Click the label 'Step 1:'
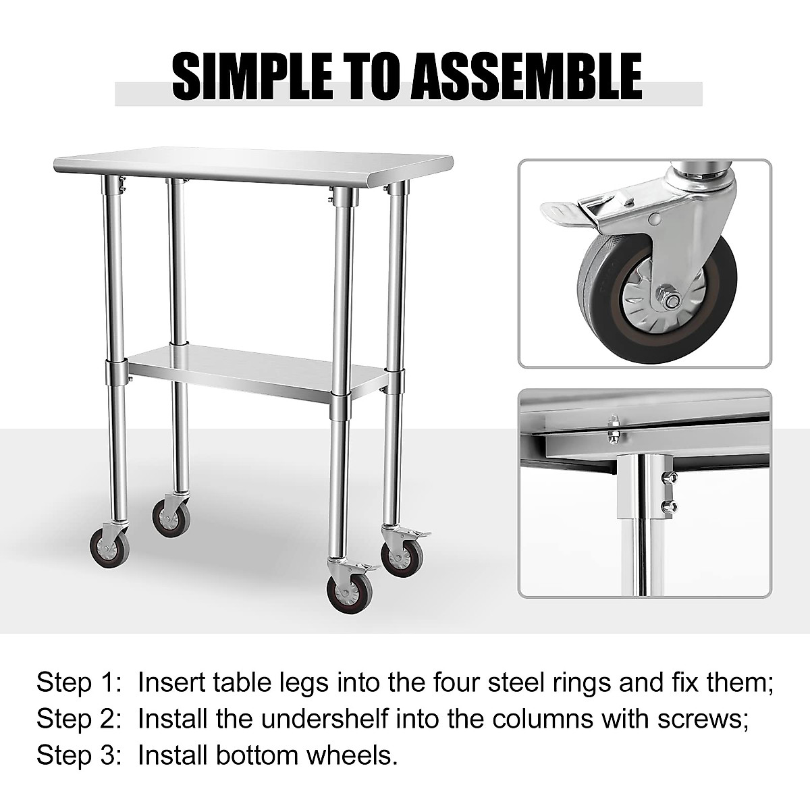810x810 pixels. click(74, 682)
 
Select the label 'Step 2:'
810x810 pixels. click(74, 719)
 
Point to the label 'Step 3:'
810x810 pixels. click(74, 755)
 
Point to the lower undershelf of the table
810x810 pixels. click(256, 368)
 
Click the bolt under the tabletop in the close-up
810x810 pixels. click(614, 432)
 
